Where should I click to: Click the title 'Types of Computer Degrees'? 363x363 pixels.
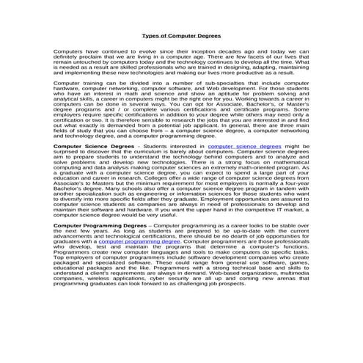(x=181, y=34)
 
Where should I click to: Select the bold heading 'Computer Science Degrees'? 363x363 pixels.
(x=94, y=147)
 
